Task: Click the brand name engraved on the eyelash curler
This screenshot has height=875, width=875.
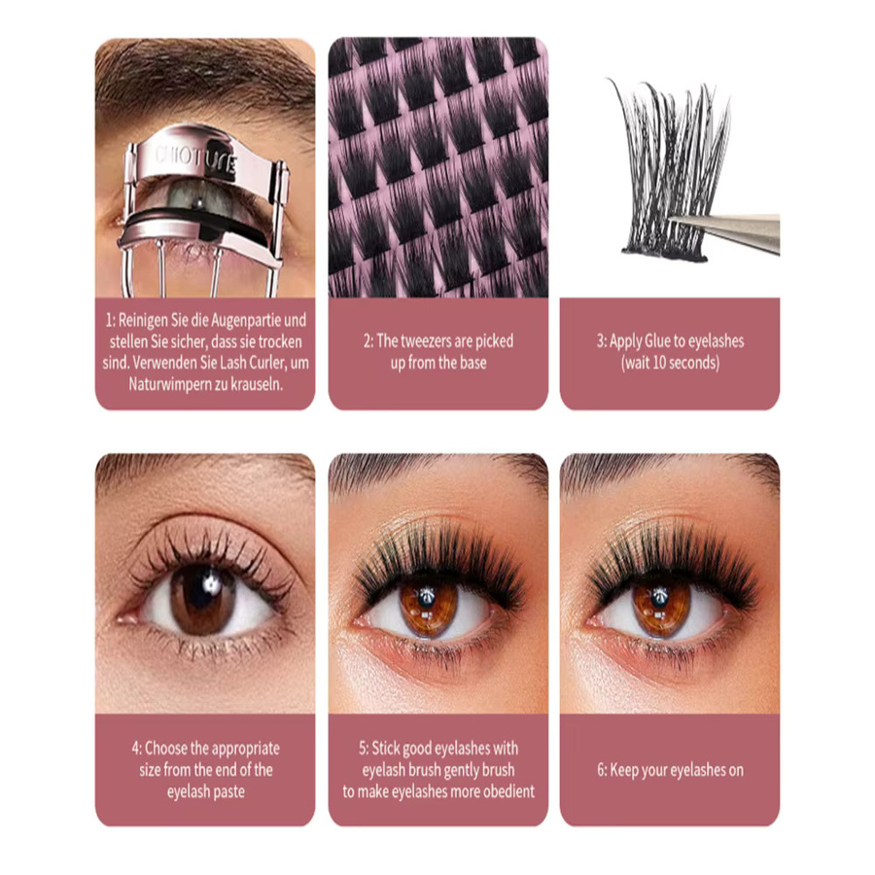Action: pyautogui.click(x=195, y=160)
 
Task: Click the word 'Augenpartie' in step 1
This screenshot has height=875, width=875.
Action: pyautogui.click(x=241, y=320)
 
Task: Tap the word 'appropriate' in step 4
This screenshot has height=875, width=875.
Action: pyautogui.click(x=246, y=749)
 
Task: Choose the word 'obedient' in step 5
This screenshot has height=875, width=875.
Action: pyautogui.click(x=508, y=791)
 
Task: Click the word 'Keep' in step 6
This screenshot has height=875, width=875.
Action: pyautogui.click(x=623, y=770)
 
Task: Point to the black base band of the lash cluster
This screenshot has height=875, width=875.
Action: pyautogui.click(x=665, y=254)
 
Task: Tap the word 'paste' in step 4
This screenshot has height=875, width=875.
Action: pyautogui.click(x=229, y=791)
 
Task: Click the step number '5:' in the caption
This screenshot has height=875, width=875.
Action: pyautogui.click(x=364, y=749)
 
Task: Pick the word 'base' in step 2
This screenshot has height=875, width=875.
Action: pyautogui.click(x=472, y=363)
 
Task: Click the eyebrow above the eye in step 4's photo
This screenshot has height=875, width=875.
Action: pyautogui.click(x=206, y=466)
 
